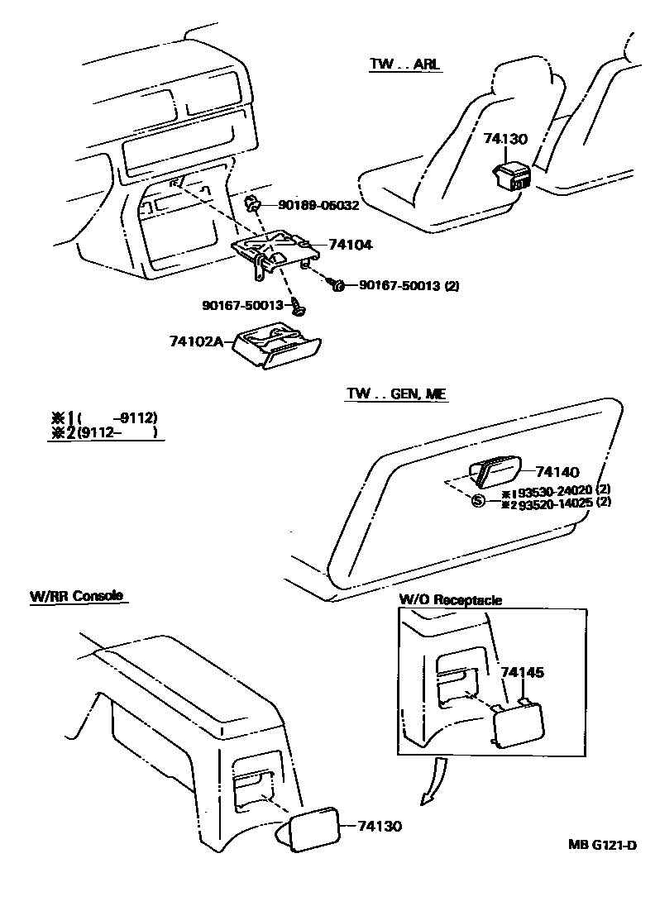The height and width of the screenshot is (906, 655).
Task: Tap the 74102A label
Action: pos(196,341)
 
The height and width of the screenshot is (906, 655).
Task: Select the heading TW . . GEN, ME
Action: pos(396,395)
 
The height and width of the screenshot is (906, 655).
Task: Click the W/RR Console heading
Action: pos(76,595)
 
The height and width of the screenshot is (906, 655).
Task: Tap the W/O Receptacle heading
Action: pos(450,600)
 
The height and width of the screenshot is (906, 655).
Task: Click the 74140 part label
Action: pos(557,471)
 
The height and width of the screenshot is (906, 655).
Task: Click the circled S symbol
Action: pos(477,501)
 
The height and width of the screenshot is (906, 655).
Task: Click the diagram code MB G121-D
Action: pos(602,845)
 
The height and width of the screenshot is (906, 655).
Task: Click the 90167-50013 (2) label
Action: pos(409,286)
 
